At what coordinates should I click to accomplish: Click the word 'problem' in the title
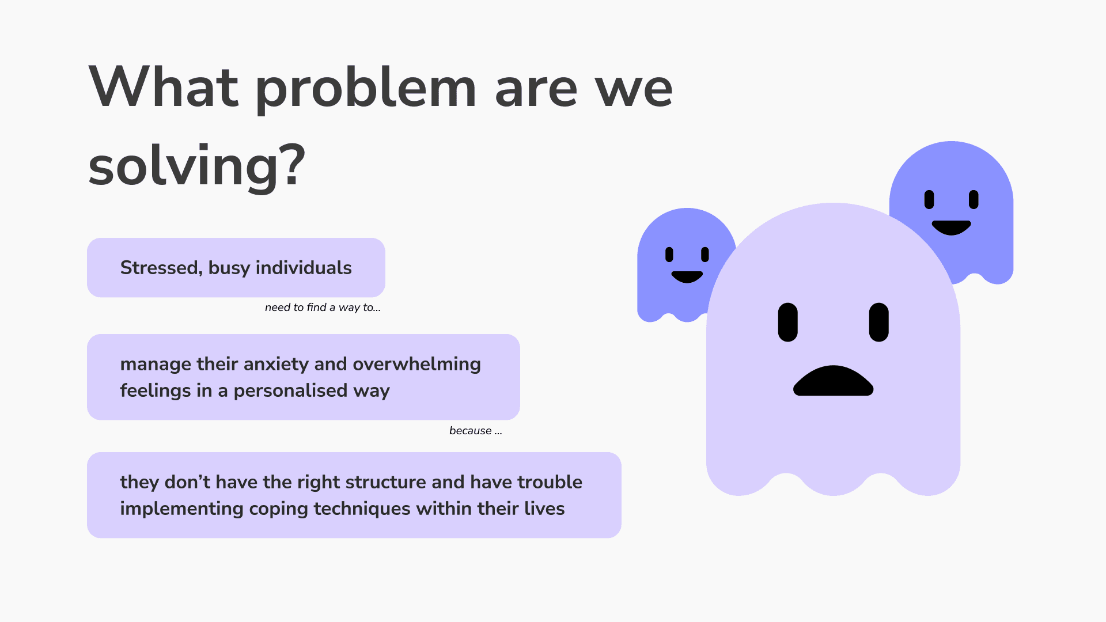tap(366, 88)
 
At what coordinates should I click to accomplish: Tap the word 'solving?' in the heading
tap(196, 166)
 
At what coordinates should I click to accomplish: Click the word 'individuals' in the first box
tap(304, 268)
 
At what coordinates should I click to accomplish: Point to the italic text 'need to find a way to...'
tap(323, 308)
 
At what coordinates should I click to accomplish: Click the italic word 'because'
tap(471, 431)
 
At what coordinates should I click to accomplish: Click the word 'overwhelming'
tap(416, 365)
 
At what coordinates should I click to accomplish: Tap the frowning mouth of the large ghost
tap(833, 381)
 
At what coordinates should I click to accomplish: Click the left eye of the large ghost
tap(787, 323)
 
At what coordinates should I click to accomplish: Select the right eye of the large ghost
tap(878, 323)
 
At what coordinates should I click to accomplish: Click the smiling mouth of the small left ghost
tap(687, 277)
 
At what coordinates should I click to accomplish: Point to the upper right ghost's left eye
tap(929, 199)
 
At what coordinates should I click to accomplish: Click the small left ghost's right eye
tap(705, 255)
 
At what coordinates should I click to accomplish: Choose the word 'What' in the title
tap(164, 88)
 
